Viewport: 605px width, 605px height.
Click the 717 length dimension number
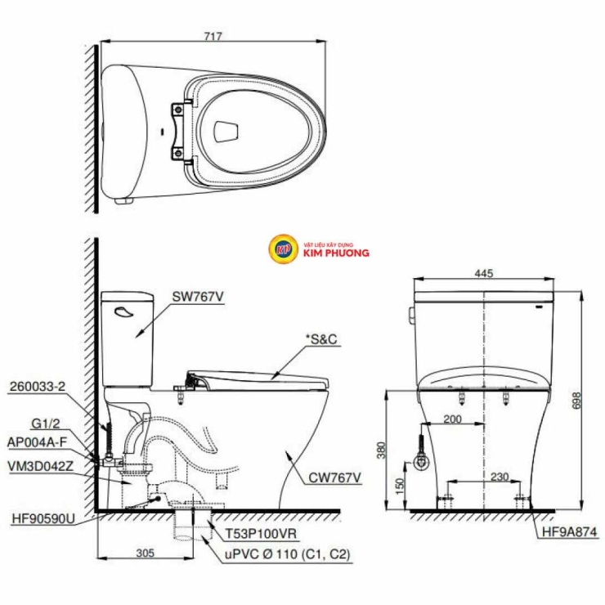point(213,36)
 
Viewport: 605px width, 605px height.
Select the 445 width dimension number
point(484,273)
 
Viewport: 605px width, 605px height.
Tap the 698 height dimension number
point(576,401)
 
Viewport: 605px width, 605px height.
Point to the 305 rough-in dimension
point(145,553)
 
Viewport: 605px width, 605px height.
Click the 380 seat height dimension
point(381,450)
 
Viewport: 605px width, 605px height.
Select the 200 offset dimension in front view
point(452,419)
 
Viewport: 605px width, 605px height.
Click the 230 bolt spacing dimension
point(500,477)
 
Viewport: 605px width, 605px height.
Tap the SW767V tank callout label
point(198,297)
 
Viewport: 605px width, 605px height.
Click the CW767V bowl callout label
point(334,478)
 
